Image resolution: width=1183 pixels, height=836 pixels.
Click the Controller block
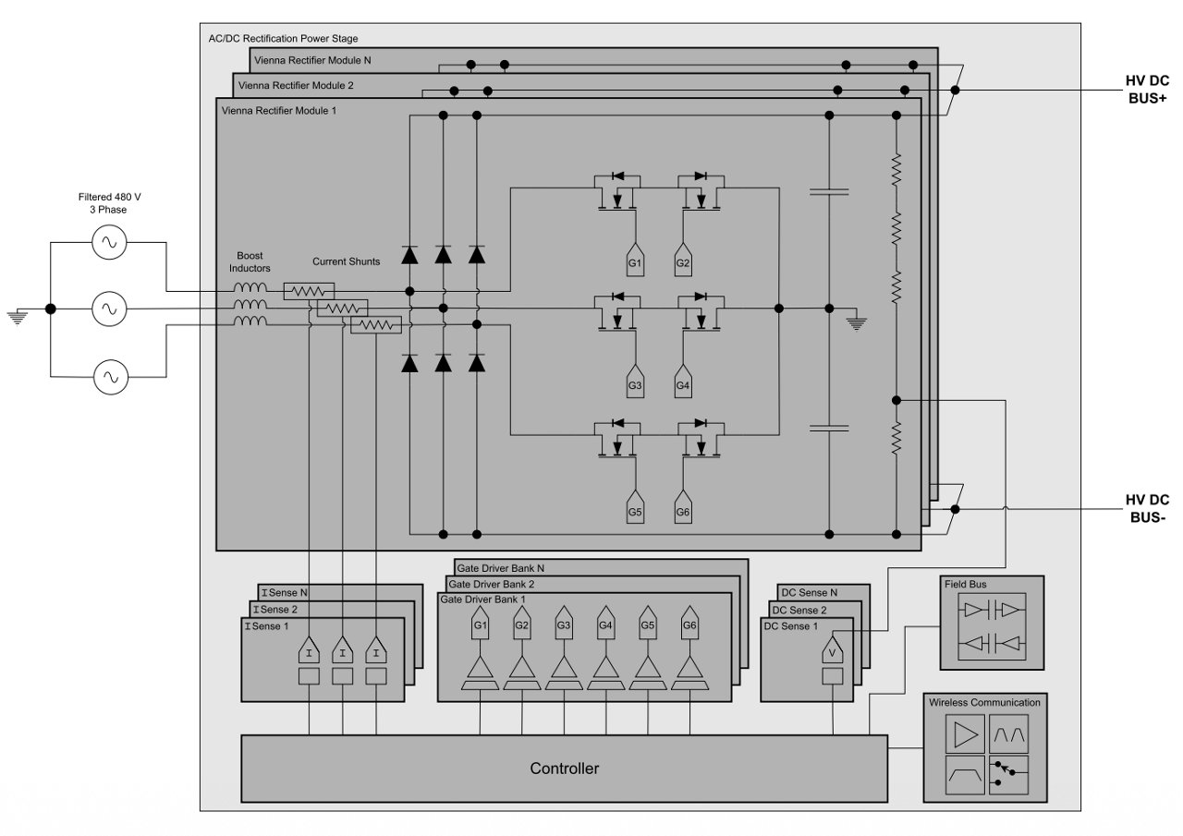click(564, 768)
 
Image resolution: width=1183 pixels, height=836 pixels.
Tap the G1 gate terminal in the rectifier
click(635, 261)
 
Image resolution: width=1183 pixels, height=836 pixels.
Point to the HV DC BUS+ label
click(1146, 90)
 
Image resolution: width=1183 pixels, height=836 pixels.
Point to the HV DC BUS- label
click(1146, 508)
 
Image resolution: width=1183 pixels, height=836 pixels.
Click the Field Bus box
click(992, 623)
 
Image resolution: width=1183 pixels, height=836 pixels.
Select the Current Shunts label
click(346, 261)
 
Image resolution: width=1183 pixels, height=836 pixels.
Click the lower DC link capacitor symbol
click(829, 429)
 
